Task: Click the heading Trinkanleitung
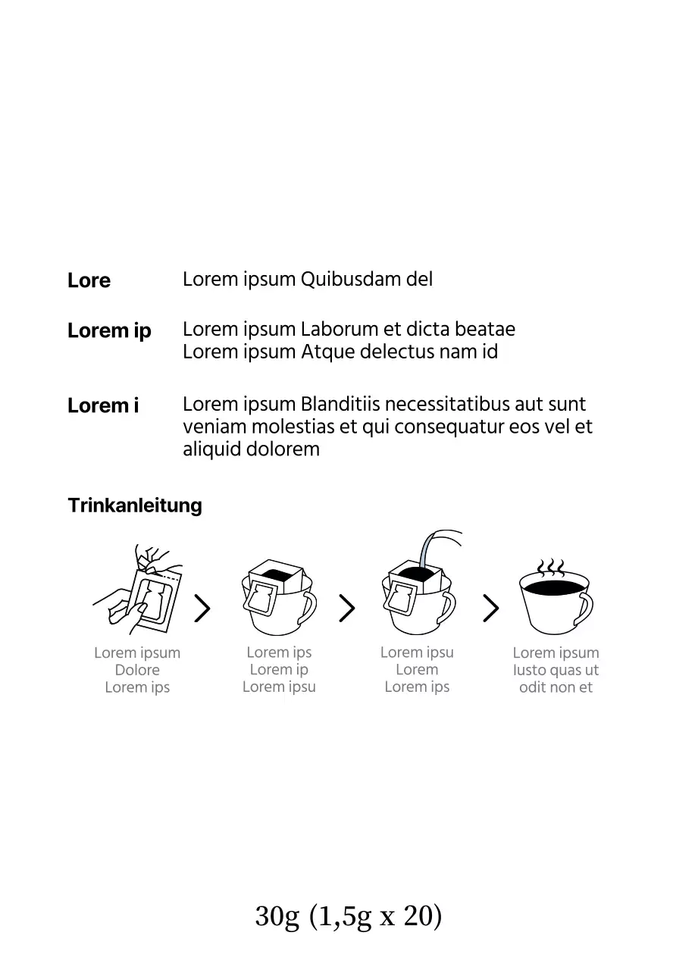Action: click(135, 505)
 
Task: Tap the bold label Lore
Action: click(89, 280)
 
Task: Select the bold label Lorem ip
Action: click(109, 331)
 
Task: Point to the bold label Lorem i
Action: click(103, 405)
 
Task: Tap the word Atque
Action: click(328, 352)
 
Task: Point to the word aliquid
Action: click(211, 449)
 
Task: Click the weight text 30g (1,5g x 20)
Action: click(349, 917)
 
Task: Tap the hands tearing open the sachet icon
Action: click(138, 590)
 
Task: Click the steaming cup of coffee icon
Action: click(556, 598)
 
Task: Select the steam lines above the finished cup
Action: click(551, 568)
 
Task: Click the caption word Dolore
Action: click(137, 670)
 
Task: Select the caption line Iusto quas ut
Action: click(556, 670)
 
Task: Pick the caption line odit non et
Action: click(556, 687)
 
